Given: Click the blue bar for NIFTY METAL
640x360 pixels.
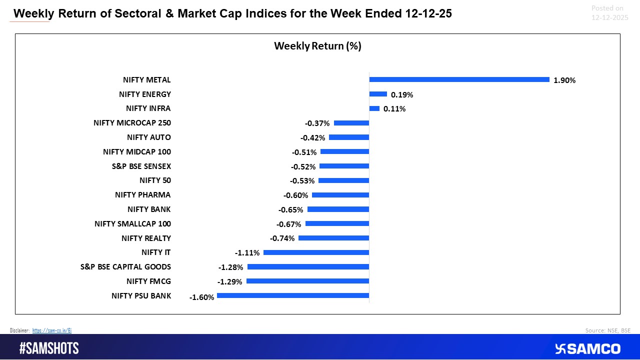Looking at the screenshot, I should pos(459,79).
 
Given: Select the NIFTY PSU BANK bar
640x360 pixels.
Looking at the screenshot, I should pos(293,295).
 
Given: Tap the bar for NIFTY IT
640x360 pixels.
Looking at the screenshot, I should pos(316,252).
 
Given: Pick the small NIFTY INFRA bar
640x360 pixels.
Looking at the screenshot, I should pos(374,108).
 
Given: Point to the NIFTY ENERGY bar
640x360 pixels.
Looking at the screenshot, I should pos(378,94).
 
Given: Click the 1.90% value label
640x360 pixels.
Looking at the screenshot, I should pos(564,80).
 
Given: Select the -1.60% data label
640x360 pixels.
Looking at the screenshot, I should pos(201,297).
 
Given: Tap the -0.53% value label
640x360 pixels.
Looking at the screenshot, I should pos(303,181).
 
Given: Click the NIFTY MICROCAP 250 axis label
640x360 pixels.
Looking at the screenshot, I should pos(132,123).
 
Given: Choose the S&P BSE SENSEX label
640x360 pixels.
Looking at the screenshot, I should pos(141,166).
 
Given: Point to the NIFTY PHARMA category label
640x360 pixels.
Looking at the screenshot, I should pos(142,195).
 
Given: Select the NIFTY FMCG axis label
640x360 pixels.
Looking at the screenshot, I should pos(148,281).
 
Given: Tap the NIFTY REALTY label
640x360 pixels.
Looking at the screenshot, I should pos(146,238).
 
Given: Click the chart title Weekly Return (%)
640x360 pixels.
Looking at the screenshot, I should pos(317,46).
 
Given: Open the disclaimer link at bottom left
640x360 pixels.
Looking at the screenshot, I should pos(52,330).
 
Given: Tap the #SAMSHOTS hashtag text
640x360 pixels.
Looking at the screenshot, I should pos(49,348).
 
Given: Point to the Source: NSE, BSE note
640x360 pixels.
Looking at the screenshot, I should pos(607,330).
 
